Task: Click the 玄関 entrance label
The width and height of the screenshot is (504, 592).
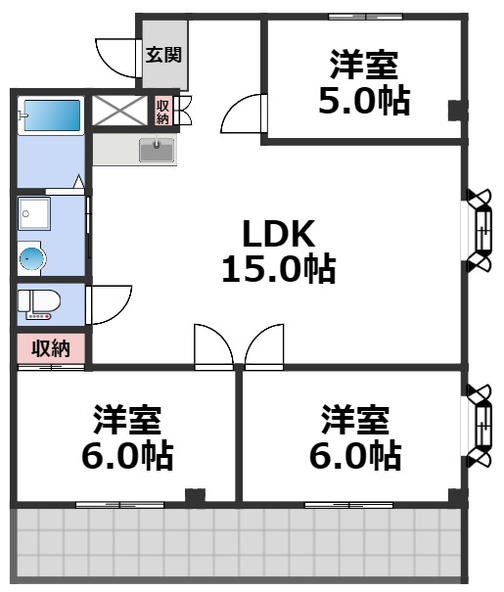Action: tap(163, 55)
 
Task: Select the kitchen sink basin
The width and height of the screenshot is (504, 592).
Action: tap(156, 151)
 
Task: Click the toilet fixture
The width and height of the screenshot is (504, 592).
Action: tap(41, 303)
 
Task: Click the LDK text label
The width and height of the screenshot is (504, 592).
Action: tap(278, 234)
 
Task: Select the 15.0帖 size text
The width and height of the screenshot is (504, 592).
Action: tap(278, 268)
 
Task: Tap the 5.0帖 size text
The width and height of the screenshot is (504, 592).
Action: tap(363, 101)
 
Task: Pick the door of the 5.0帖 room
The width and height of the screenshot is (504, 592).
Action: tap(243, 114)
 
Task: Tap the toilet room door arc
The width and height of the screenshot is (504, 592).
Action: tap(110, 304)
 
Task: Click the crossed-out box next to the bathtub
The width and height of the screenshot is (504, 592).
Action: tap(120, 111)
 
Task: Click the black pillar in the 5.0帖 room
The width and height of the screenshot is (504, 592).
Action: tap(454, 110)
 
